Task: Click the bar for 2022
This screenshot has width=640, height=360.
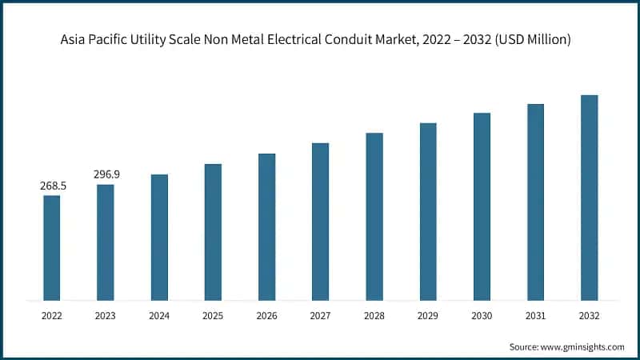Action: coord(52,248)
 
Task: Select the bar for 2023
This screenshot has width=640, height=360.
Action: coord(106,242)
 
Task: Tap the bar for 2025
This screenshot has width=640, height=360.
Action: coord(213,232)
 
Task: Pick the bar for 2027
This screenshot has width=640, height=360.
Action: coord(320,222)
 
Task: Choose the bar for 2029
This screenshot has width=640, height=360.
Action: coord(428,212)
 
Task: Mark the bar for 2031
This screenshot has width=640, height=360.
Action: coord(535,202)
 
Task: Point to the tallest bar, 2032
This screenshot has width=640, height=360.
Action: coord(589,198)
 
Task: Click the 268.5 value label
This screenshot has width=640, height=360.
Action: coord(53,186)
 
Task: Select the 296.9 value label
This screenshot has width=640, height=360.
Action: coord(106,174)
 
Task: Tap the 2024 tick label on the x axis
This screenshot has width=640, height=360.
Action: coord(159,317)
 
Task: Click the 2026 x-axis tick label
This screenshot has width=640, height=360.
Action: coord(266,317)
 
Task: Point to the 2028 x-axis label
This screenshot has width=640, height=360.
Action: coord(374,317)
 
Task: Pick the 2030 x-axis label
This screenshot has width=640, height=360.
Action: coord(482,317)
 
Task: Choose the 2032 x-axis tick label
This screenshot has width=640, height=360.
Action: coord(589,317)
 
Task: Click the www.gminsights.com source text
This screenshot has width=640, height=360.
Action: coord(583,346)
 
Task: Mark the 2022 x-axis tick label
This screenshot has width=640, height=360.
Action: coord(52,317)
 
